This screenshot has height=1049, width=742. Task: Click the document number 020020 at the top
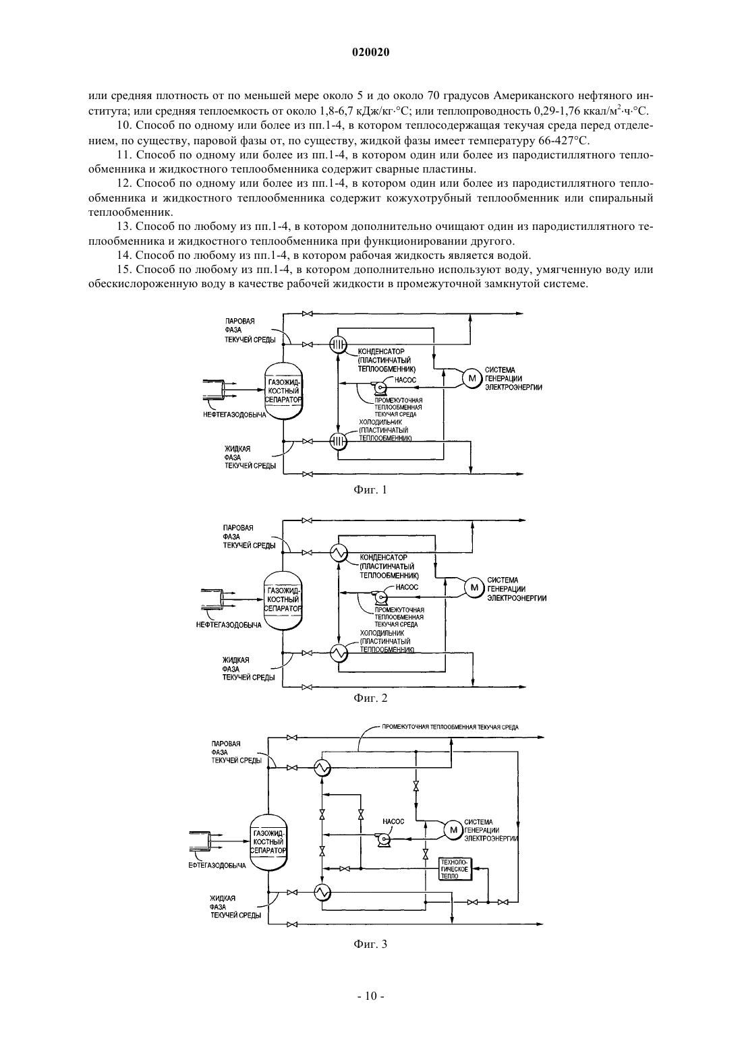point(370,53)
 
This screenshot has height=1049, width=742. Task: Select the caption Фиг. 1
point(370,490)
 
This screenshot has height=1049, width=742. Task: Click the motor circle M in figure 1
point(472,378)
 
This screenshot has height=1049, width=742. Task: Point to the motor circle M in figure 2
point(474,587)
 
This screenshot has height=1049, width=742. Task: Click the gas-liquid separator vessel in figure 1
point(283,391)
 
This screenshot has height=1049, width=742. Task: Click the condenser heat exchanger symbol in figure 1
point(337,345)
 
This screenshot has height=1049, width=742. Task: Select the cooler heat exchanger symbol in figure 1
point(337,441)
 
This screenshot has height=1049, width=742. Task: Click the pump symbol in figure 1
point(378,388)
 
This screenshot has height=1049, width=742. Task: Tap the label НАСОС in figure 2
point(407,587)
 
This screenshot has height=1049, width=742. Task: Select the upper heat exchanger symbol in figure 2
point(337,553)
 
